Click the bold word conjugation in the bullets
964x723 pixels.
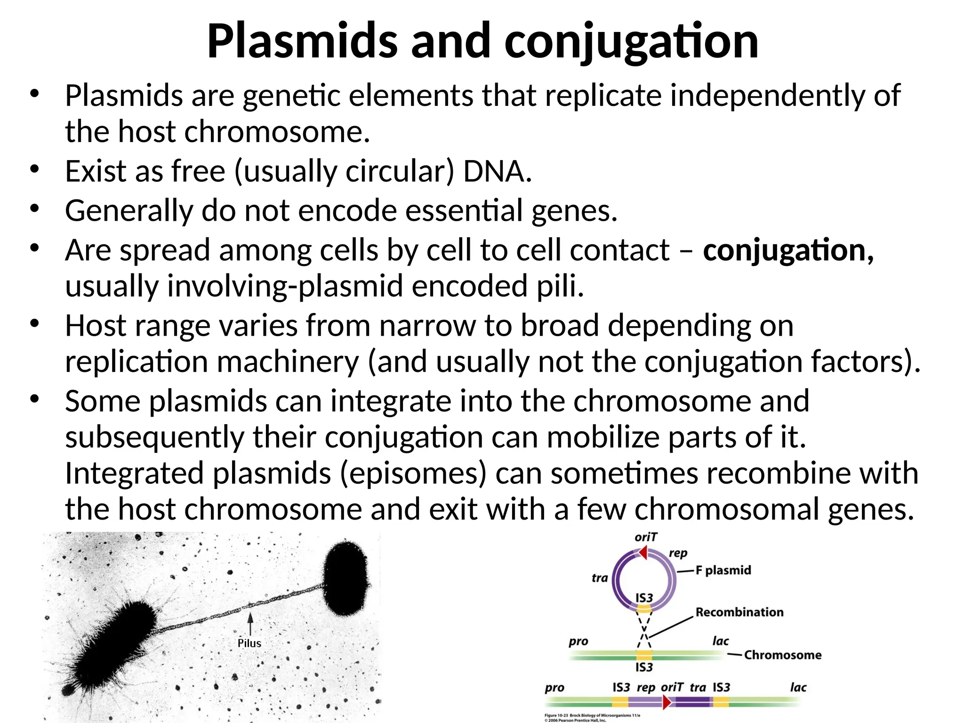click(785, 250)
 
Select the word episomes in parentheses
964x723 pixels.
click(413, 474)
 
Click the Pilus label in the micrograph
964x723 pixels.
click(249, 643)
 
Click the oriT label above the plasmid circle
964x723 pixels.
click(645, 538)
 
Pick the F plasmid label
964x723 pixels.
click(723, 570)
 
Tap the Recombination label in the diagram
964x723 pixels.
click(739, 612)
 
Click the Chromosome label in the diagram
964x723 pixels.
click(782, 655)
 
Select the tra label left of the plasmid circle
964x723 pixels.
click(600, 578)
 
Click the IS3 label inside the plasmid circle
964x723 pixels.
click(644, 598)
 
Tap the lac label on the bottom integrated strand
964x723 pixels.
click(798, 688)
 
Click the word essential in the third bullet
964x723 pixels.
click(464, 210)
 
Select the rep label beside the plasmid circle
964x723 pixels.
click(678, 554)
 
